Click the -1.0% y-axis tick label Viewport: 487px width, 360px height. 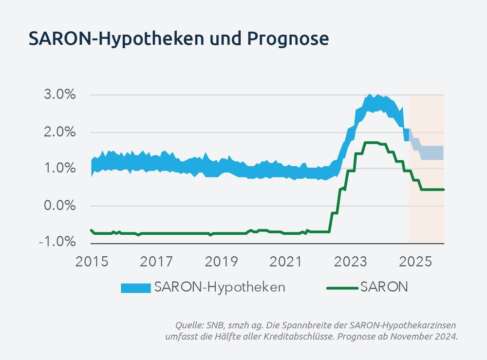[57, 242]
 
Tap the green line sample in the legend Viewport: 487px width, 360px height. [341, 288]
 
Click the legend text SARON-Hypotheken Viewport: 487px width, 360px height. [219, 287]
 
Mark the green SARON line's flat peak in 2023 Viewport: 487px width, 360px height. [371, 142]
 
